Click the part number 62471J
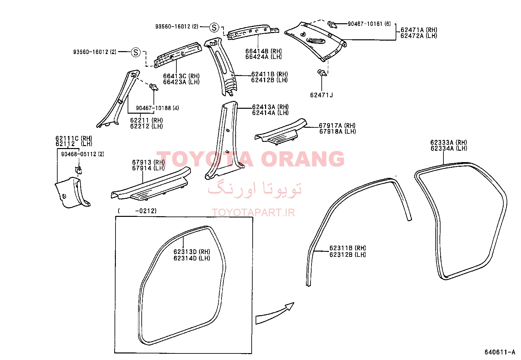click(x=321, y=95)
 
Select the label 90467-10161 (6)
click(x=369, y=24)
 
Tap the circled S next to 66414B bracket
click(x=214, y=28)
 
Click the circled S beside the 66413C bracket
click(x=136, y=52)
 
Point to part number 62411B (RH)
click(x=270, y=74)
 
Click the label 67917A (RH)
click(x=337, y=125)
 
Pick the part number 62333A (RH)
click(x=449, y=142)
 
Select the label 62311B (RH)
click(x=348, y=248)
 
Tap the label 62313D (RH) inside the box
click(x=192, y=252)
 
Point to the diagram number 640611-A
click(x=500, y=352)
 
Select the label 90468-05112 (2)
click(x=82, y=154)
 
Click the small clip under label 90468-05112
click(x=79, y=170)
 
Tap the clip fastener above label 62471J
click(x=322, y=73)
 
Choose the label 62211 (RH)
click(x=147, y=121)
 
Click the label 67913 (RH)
click(x=148, y=162)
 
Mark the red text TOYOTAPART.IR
click(x=253, y=212)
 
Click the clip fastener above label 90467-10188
click(x=154, y=87)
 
